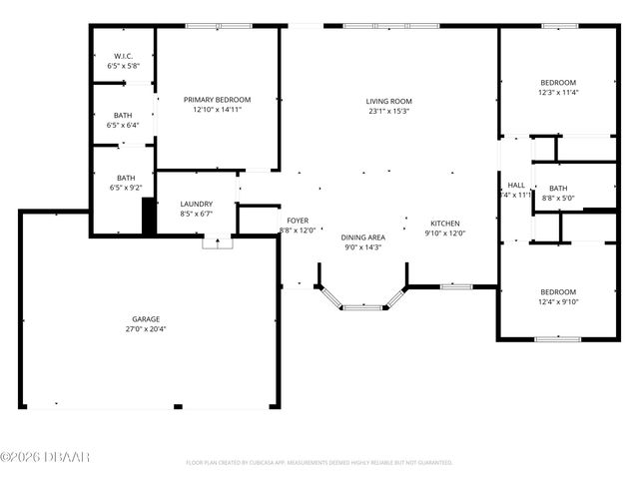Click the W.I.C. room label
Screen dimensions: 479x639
(x=123, y=56)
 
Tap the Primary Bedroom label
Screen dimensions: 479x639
(x=217, y=100)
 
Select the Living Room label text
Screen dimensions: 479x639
(x=388, y=101)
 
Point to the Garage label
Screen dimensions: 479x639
(x=146, y=319)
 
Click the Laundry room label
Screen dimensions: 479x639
(x=196, y=204)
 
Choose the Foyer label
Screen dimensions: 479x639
(x=298, y=221)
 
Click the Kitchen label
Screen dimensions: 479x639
(x=445, y=223)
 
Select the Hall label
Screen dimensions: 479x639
(x=516, y=185)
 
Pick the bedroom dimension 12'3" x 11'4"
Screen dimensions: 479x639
(x=557, y=93)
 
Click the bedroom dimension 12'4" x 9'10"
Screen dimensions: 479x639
(x=558, y=301)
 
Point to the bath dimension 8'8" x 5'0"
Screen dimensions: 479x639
(x=557, y=198)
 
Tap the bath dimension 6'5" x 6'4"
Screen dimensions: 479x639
(x=123, y=125)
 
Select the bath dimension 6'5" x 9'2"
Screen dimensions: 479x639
(x=123, y=188)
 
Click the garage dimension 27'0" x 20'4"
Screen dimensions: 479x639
(x=146, y=329)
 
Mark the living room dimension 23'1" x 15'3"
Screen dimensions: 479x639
(x=388, y=111)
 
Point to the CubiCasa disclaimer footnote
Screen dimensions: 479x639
(x=319, y=462)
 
